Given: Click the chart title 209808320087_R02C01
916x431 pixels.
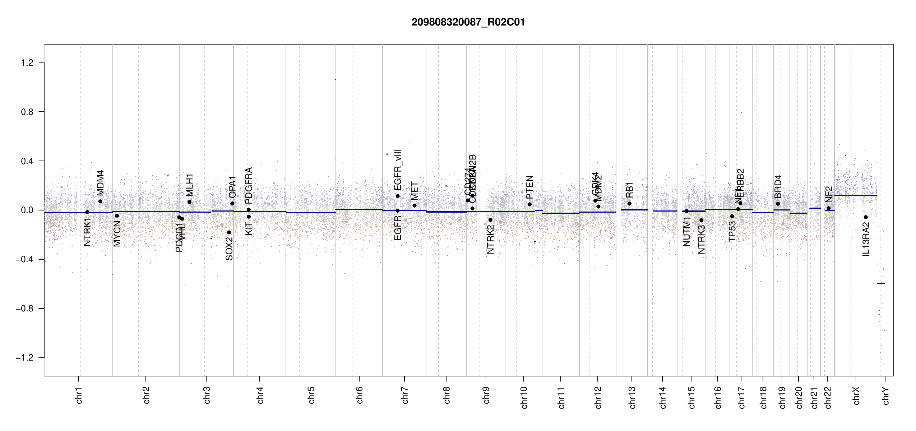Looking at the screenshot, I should click(x=468, y=22).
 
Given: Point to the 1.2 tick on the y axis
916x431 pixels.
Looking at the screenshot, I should click(x=27, y=63).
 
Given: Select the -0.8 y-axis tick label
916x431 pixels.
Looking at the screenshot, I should click(x=25, y=309).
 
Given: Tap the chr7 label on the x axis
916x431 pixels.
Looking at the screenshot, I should click(x=405, y=395).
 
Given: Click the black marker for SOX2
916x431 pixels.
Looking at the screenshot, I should click(x=229, y=232).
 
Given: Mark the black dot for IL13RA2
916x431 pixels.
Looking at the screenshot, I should click(x=866, y=217).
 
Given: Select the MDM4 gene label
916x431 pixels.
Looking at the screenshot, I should click(x=100, y=182).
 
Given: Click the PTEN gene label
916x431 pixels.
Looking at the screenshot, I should click(x=529, y=187).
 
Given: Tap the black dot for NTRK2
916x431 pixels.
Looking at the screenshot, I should click(x=490, y=220).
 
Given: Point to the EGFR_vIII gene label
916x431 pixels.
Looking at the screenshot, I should click(x=398, y=170).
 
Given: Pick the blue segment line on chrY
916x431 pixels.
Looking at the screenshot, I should click(x=881, y=283).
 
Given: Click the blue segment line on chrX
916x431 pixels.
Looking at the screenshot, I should click(x=855, y=195).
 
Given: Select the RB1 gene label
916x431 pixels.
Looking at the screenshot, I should click(x=629, y=190).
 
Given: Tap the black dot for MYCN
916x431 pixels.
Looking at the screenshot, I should click(x=117, y=215).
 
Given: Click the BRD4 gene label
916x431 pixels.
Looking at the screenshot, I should click(x=778, y=186).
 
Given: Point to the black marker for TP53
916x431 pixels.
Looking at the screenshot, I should click(x=732, y=216).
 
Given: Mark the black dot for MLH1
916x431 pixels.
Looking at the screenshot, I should click(x=189, y=202).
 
